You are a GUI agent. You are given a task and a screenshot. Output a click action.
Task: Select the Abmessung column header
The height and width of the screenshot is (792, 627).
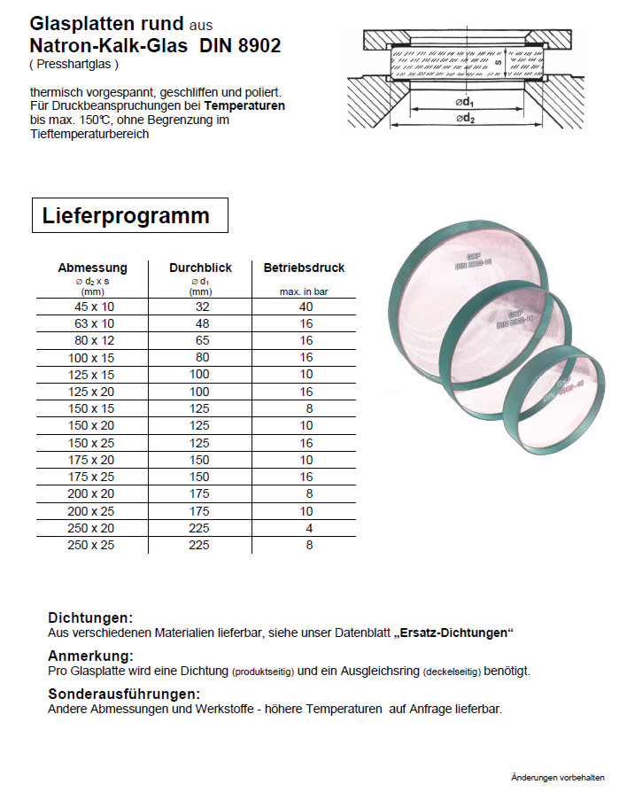coord(92,268)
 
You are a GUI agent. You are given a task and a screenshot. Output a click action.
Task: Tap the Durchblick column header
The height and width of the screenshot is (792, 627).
coord(200,268)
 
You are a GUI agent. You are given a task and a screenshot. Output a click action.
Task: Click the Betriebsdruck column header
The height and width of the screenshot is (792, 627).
coord(304,268)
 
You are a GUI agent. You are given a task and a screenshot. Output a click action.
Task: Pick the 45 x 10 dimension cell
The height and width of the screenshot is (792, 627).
coord(92,307)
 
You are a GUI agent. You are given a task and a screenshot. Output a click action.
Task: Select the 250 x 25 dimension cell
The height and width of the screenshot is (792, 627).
coord(92,545)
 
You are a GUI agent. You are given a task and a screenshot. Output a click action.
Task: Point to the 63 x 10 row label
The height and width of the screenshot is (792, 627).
coord(92,323)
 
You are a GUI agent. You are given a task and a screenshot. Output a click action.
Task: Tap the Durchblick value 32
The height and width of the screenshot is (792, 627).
coord(202,307)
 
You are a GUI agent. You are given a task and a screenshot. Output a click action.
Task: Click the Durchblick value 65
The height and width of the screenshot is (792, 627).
coord(202,340)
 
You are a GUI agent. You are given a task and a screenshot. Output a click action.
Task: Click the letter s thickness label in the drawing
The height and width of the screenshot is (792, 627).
coord(499,63)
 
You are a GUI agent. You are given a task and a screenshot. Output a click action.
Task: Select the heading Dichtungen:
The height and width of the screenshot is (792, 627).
coord(90,617)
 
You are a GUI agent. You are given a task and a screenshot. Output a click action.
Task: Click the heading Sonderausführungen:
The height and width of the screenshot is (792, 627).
coord(124,694)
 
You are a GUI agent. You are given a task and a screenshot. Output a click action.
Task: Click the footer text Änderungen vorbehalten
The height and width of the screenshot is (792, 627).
coord(558,777)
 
